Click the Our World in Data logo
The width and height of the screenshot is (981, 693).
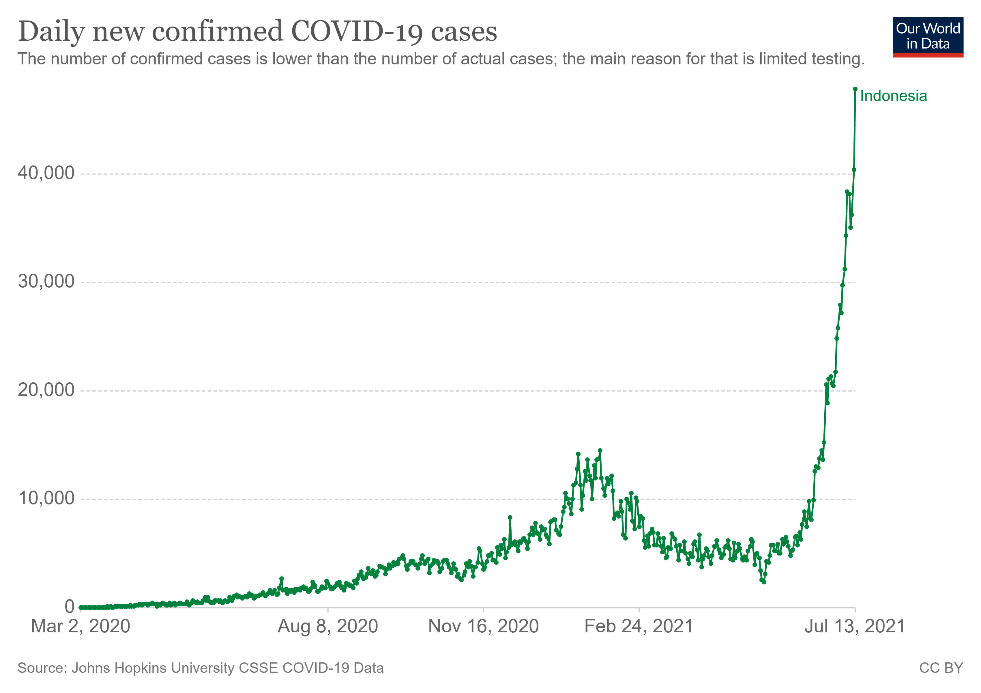point(928,37)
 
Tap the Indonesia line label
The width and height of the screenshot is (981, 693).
point(893,96)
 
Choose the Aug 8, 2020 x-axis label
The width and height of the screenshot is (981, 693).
point(328,626)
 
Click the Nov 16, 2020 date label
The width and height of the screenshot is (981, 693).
point(483,626)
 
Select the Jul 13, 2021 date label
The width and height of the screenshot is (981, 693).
point(855,626)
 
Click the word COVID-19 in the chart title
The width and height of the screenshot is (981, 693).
point(357,32)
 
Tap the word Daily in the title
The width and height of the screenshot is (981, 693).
point(51,32)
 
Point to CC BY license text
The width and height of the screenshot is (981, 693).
point(941,668)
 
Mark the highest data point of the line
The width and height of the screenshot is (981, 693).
point(855,89)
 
